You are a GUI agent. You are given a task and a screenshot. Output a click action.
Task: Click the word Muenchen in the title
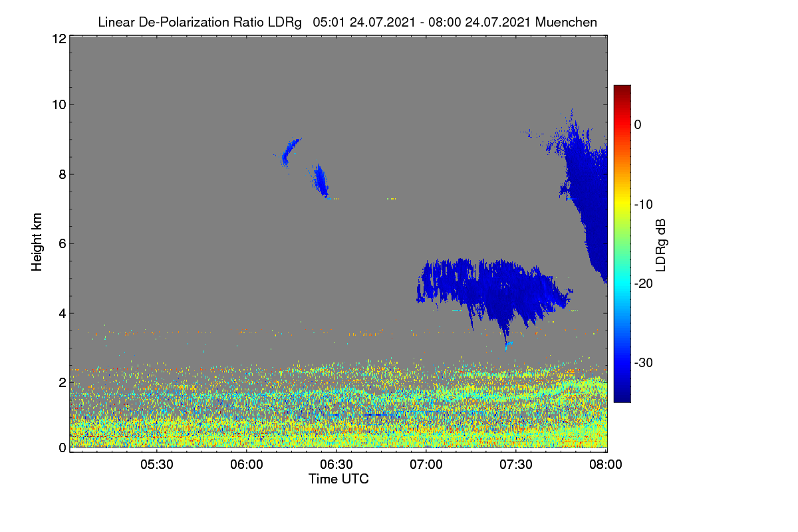click(x=566, y=22)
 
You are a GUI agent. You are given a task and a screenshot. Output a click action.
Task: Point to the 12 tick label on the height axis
click(x=59, y=39)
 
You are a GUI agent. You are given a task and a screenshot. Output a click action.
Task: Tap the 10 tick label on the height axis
click(x=59, y=105)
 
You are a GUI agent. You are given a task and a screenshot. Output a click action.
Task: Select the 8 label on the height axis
click(x=63, y=174)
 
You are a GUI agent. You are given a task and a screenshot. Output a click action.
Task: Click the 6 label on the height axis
click(x=63, y=244)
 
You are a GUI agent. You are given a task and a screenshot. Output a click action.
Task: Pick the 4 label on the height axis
click(x=63, y=314)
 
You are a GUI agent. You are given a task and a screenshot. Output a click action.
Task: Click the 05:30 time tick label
click(x=157, y=464)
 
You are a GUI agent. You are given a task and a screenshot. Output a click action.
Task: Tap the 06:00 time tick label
click(x=247, y=464)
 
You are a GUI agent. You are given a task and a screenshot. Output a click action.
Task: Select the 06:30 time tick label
click(x=336, y=464)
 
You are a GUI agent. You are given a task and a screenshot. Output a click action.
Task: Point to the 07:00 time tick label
click(x=426, y=464)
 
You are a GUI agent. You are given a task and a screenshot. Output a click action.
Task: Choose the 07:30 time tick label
click(x=516, y=464)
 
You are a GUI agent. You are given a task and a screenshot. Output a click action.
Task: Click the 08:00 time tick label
click(x=606, y=464)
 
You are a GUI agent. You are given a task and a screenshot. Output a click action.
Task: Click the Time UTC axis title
click(x=338, y=479)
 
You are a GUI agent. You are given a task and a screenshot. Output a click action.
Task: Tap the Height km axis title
click(x=37, y=242)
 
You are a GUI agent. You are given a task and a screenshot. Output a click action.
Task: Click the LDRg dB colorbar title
click(x=661, y=245)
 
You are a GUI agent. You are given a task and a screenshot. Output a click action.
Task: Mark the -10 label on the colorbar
click(x=644, y=205)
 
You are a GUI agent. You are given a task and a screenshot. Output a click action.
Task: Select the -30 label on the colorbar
click(x=644, y=362)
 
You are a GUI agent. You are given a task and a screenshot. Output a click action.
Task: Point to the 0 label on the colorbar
click(x=638, y=125)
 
